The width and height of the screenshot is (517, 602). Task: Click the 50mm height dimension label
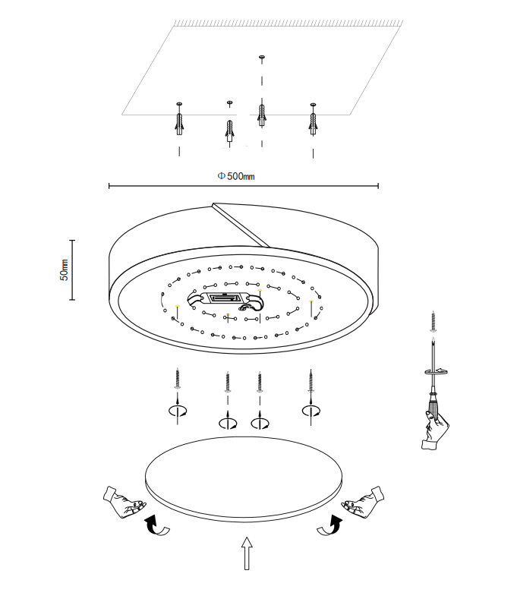[x=65, y=269]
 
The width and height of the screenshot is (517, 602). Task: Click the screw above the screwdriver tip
[x=433, y=321]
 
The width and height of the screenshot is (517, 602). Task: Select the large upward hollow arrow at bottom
[x=246, y=553]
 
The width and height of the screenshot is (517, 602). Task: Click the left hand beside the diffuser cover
[x=123, y=503]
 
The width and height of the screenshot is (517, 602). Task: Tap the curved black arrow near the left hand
[x=157, y=525]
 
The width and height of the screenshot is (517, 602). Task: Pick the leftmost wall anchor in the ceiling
[x=179, y=121]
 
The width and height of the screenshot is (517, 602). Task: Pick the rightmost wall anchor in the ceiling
[x=312, y=121]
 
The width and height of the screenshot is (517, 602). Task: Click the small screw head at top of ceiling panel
[x=262, y=57]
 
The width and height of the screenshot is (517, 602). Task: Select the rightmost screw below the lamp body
[x=310, y=379]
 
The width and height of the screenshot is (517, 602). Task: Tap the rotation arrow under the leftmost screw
[x=178, y=411]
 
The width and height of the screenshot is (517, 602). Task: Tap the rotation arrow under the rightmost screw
[x=310, y=411]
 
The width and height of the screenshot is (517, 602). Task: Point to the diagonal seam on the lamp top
[x=241, y=224]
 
